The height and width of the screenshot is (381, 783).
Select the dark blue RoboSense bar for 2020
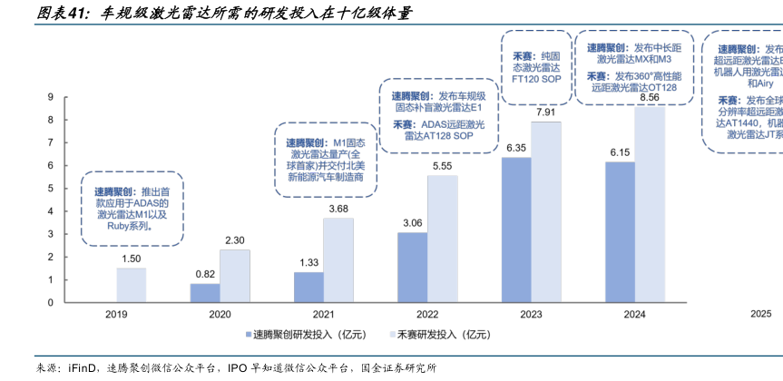point(204,292)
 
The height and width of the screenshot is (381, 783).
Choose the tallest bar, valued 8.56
point(650,204)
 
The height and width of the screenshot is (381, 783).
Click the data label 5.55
point(443,166)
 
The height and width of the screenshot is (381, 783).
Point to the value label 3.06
point(412,223)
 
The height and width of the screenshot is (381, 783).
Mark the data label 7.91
point(546,112)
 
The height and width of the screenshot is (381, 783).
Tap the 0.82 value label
point(205,274)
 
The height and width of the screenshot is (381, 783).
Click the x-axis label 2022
point(427,314)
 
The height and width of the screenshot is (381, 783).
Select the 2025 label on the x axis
point(760,314)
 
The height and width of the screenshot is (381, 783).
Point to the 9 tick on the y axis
point(51,97)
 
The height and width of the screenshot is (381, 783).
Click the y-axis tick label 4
point(51,211)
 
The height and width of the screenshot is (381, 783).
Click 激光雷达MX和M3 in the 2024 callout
point(633,59)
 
